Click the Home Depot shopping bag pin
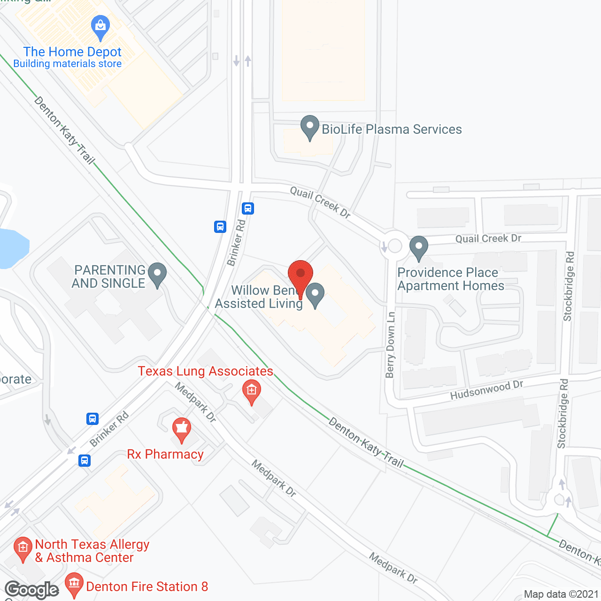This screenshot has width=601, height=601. (100, 27)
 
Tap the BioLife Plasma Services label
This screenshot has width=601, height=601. (392, 129)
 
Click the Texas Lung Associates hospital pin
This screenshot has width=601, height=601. (252, 392)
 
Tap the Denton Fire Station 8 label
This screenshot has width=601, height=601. (147, 586)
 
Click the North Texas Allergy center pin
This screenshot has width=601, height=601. (23, 548)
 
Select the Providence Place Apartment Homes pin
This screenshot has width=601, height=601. (418, 247)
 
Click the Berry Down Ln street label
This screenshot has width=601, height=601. (390, 345)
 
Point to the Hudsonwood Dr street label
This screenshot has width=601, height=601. (486, 390)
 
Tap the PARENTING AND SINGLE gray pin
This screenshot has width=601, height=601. (157, 274)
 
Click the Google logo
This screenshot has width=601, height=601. (31, 589)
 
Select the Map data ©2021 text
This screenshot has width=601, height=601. (561, 594)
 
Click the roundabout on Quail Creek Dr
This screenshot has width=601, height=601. (395, 246)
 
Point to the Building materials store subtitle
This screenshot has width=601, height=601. (68, 64)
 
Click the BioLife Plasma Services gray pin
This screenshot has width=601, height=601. (309, 127)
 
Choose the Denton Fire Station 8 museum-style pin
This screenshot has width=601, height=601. (74, 584)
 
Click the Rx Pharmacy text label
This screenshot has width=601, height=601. (165, 454)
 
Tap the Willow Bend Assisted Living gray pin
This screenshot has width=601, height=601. (315, 294)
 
